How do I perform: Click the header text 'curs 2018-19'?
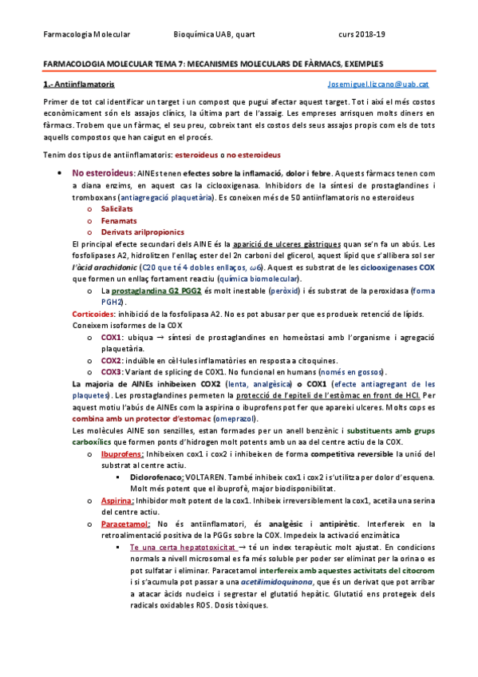(361, 34)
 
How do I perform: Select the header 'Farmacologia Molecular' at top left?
(86, 34)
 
